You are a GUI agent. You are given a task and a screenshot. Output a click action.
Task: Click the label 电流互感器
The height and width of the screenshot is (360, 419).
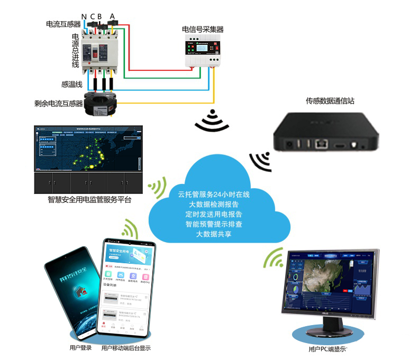63,24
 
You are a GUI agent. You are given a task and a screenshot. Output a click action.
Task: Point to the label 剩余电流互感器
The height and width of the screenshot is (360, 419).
59,104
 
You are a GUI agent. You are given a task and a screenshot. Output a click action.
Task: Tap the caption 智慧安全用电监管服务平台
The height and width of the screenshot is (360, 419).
89,200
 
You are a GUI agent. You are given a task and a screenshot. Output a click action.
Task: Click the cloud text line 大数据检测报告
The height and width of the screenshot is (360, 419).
213,204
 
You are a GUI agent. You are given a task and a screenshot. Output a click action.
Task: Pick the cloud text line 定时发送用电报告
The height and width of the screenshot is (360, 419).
213,214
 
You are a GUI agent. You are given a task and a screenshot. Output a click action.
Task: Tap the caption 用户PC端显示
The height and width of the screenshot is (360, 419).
327,349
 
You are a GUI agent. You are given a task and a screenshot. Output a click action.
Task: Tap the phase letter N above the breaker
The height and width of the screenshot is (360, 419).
84,16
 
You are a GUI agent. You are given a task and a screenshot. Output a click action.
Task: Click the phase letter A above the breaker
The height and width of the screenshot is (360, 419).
112,16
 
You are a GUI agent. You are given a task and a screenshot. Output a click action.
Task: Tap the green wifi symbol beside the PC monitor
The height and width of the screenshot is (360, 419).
274,258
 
